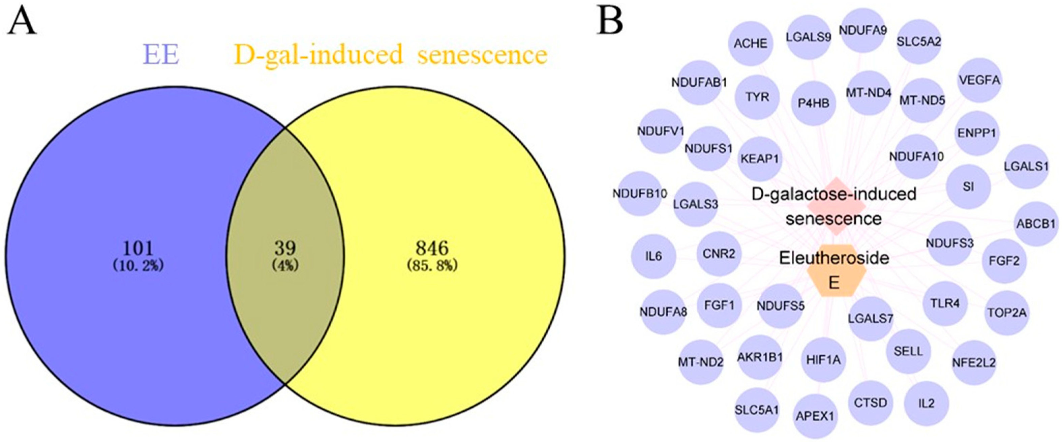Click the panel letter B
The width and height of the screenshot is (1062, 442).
610,21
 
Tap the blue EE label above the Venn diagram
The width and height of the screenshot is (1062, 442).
161,55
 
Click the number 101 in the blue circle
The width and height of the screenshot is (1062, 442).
139,248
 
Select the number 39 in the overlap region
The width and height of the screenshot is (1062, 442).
285,248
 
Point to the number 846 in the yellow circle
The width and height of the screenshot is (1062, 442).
432,248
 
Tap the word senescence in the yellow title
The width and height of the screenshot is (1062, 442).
482,55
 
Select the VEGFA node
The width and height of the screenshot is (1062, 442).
979,80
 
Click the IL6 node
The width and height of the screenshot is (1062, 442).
654,256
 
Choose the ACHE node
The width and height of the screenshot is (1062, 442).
750,43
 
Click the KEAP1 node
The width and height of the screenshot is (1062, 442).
759,159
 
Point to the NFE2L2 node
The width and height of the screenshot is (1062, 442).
974,362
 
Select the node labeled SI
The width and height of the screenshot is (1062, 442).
968,187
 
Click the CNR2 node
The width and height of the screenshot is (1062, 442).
719,254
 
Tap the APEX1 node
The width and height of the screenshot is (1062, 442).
815,416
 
